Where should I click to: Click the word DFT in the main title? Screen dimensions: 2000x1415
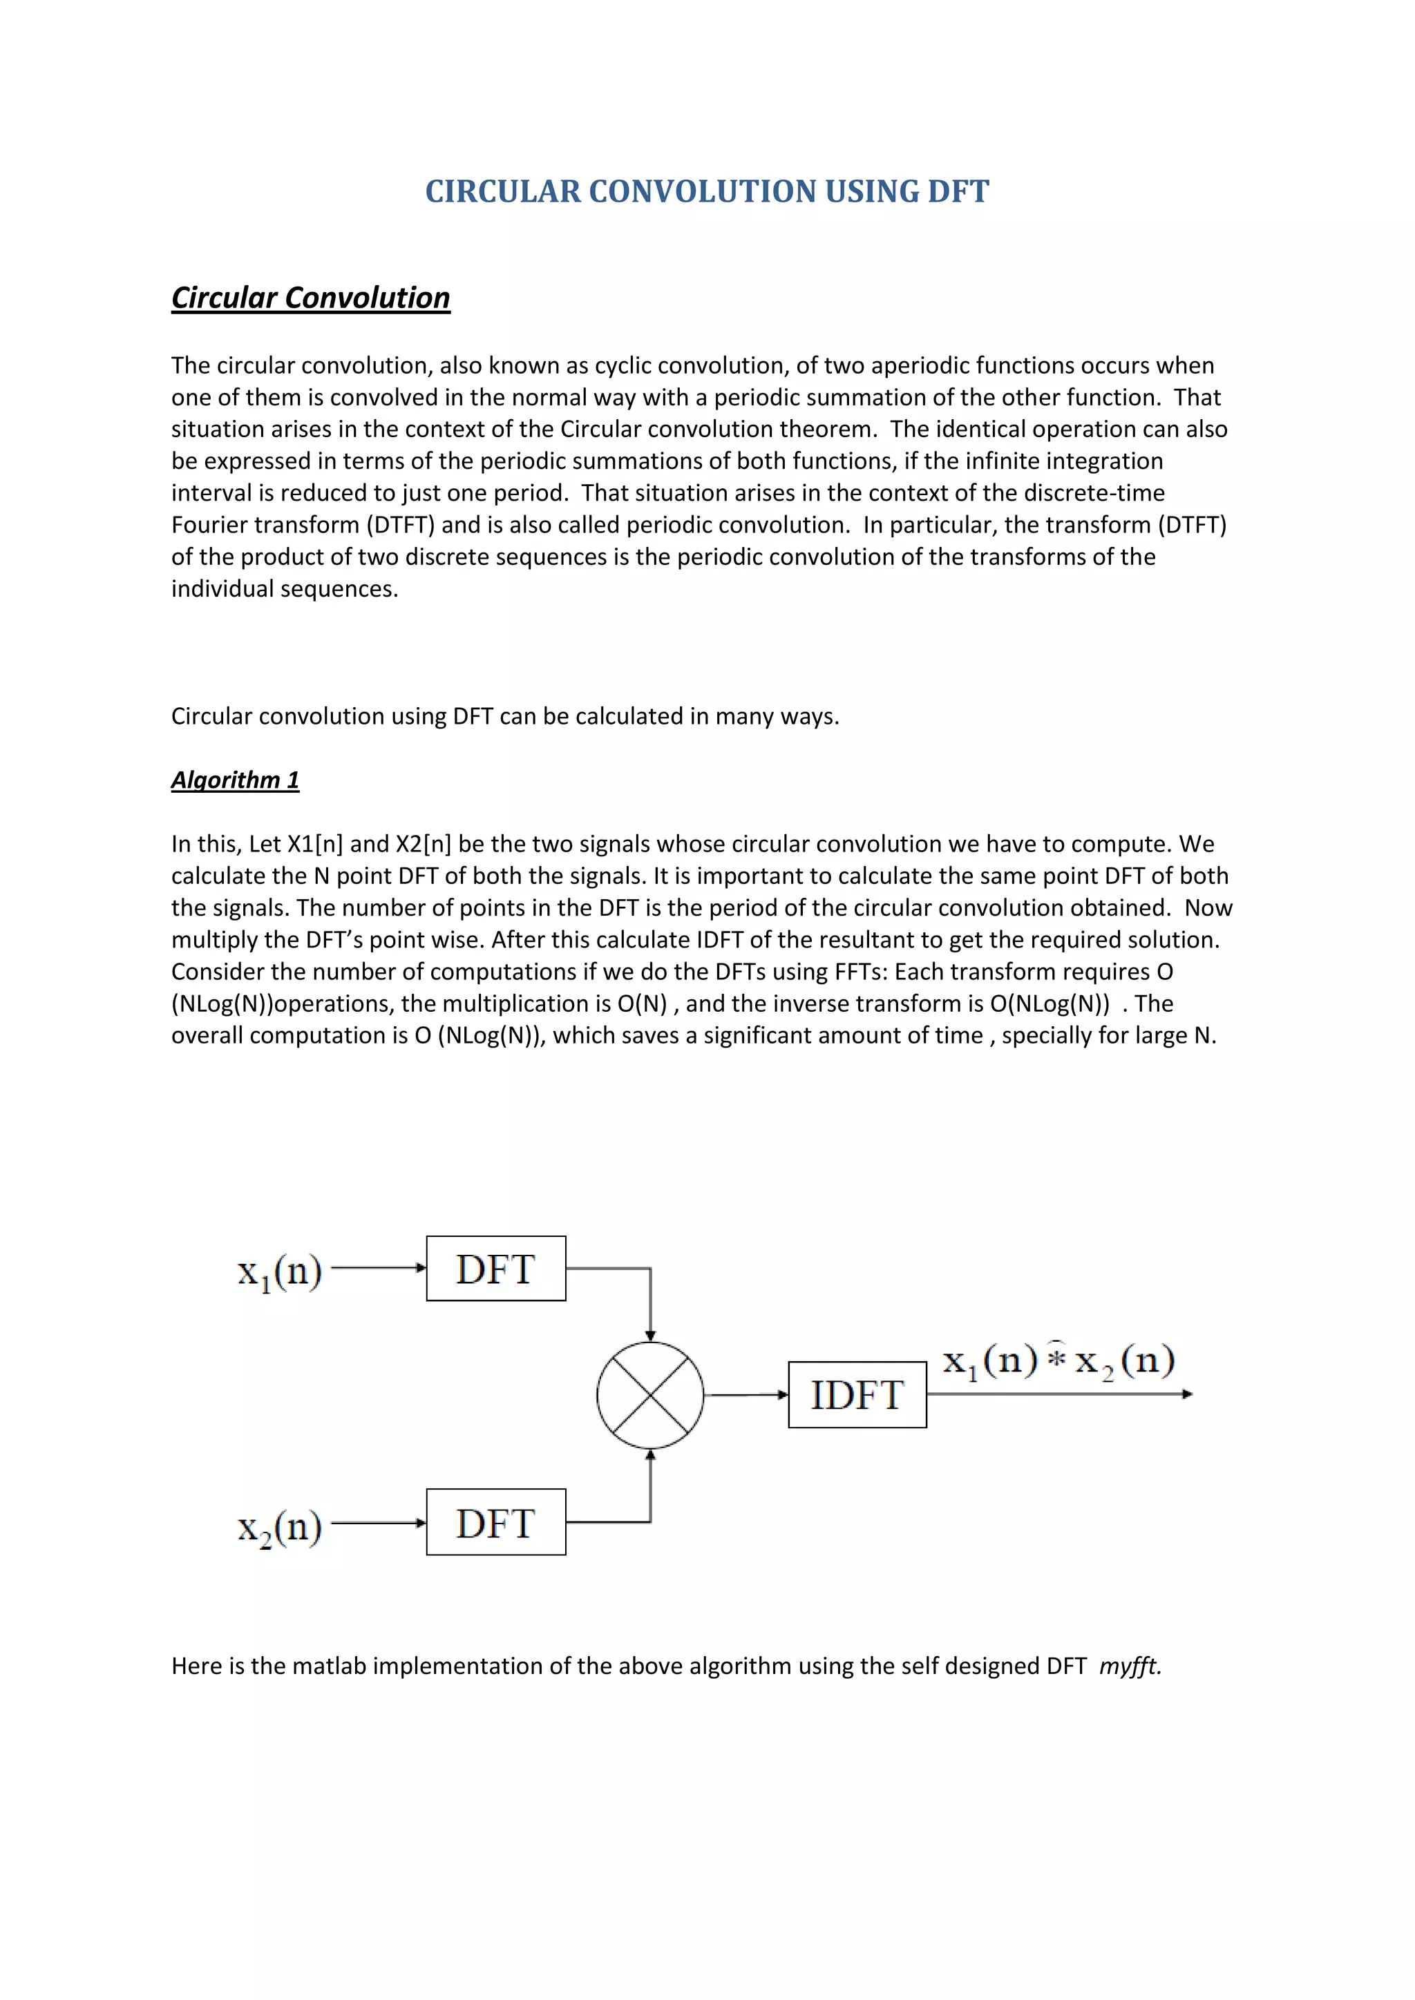click(958, 191)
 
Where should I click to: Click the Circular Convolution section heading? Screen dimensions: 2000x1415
click(310, 298)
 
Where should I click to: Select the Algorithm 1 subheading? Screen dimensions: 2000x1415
click(234, 780)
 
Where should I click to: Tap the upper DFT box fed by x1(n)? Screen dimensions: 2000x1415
click(496, 1269)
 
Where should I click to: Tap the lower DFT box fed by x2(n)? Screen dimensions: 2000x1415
click(496, 1523)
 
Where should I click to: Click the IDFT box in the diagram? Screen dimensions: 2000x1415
click(857, 1394)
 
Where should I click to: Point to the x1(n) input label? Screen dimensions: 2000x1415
click(280, 1273)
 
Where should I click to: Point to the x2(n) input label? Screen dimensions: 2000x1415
click(280, 1527)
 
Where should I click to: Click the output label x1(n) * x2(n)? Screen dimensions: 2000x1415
click(1058, 1360)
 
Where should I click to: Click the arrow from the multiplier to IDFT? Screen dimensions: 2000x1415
click(746, 1394)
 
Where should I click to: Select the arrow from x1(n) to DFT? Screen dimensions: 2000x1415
click(378, 1268)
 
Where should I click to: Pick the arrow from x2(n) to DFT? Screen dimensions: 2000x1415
click(378, 1523)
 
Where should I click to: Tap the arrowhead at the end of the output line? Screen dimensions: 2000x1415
click(1187, 1394)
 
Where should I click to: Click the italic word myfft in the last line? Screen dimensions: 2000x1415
click(1129, 1666)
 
